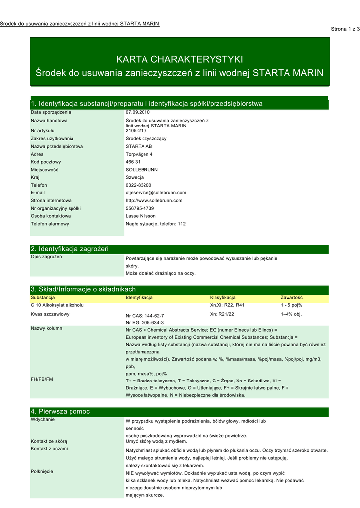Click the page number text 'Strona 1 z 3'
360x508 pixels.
coord(345,29)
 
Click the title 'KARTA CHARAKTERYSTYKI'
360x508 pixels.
coord(179,60)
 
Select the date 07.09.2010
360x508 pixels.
coord(138,112)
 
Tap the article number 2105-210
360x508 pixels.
coord(137,131)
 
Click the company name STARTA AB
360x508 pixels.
coord(139,146)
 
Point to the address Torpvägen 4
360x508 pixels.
coord(140,154)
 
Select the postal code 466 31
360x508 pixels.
coord(133,162)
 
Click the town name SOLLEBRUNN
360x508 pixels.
coord(142,170)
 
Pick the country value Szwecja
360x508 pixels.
coord(135,177)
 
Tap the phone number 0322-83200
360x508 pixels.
coord(139,185)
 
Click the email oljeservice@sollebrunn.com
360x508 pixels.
coord(156,193)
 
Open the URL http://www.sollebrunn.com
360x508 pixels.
coord(154,200)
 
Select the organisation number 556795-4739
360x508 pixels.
coord(140,208)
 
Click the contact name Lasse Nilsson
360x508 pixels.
coord(141,216)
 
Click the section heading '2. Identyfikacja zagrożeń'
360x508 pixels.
coord(70,249)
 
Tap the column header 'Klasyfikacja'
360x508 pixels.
coord(222,298)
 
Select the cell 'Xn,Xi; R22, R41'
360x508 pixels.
coord(227,305)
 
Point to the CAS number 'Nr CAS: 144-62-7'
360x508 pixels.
coord(145,316)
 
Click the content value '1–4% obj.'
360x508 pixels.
coord(291,314)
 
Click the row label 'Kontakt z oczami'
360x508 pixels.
coord(49,449)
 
